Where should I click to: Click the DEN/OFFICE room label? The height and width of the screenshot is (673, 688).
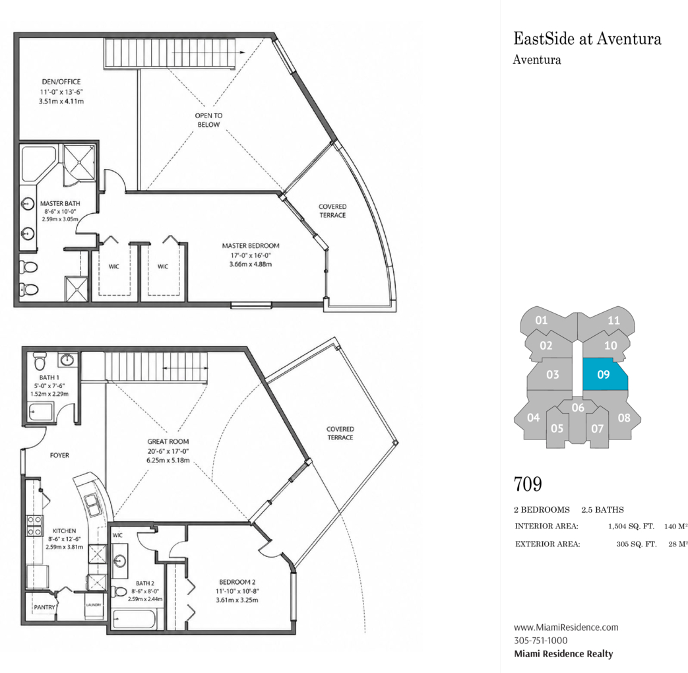click(x=61, y=82)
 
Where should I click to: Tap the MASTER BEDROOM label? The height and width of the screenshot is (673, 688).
click(x=251, y=246)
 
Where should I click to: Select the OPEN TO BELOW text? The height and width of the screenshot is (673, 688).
click(x=209, y=120)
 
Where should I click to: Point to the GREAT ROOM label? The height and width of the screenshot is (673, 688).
click(x=168, y=441)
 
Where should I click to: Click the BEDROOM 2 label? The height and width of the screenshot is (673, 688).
click(x=237, y=582)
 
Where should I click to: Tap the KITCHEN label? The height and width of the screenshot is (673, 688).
click(x=64, y=530)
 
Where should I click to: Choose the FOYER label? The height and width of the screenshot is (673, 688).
click(x=59, y=455)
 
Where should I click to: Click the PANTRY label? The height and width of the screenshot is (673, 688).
click(x=45, y=607)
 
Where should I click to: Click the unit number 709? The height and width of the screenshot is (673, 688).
click(x=528, y=484)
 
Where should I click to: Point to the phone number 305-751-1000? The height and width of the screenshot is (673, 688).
click(x=541, y=641)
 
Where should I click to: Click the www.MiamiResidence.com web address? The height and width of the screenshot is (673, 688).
click(x=566, y=627)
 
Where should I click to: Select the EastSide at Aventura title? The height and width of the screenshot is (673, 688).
click(x=587, y=39)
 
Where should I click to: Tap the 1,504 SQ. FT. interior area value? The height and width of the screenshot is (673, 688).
click(x=631, y=527)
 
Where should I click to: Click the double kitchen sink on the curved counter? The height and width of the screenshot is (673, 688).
click(x=93, y=505)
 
